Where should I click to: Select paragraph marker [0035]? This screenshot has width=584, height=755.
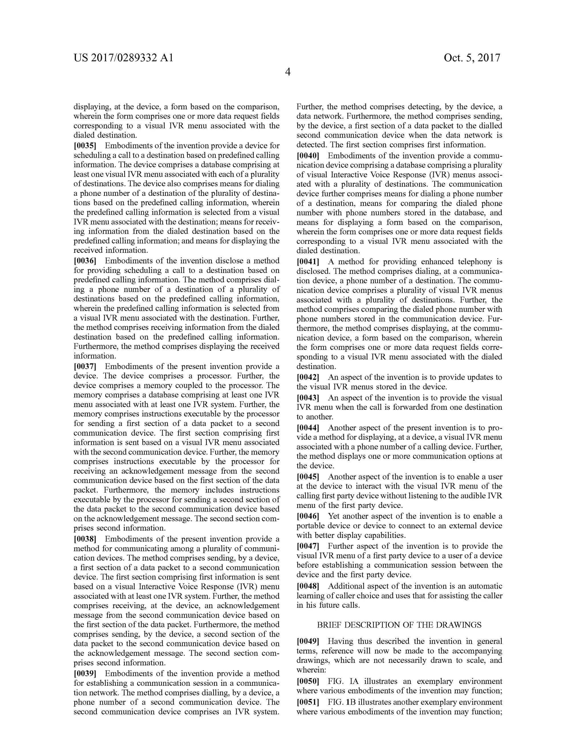85,146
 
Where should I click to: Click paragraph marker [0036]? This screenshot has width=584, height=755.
85,261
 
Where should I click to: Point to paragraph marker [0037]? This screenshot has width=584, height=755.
85,366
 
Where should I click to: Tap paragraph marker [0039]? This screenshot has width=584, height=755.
85,674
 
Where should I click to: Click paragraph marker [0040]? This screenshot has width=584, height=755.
308,156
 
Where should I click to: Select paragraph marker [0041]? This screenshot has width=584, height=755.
308,262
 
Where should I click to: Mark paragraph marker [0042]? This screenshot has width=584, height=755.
308,377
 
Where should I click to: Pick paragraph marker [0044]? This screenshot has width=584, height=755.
308,428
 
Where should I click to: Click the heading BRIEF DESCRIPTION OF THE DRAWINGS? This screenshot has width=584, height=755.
399,625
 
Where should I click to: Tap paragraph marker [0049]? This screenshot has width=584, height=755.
308,641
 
